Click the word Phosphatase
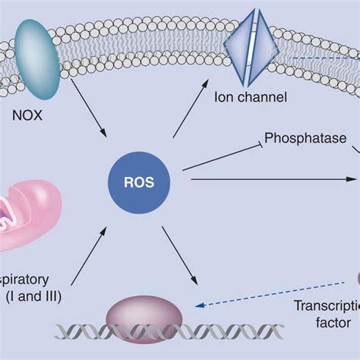coord(305,140)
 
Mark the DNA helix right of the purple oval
coord(228,330)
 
